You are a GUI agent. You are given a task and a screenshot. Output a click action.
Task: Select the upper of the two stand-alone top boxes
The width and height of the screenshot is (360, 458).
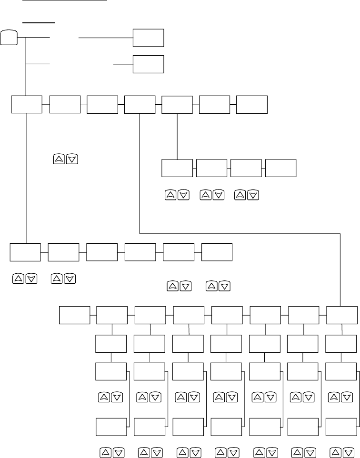(148, 38)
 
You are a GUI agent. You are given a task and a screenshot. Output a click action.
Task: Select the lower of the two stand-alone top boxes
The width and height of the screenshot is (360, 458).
(148, 64)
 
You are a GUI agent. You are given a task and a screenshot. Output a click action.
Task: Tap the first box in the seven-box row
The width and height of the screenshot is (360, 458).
(26, 104)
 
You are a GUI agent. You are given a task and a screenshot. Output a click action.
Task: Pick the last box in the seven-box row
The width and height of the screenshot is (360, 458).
(252, 104)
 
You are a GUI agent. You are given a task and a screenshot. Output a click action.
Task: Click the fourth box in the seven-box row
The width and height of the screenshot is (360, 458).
(140, 104)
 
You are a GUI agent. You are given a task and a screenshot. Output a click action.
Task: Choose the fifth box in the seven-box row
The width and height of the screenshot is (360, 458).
(177, 105)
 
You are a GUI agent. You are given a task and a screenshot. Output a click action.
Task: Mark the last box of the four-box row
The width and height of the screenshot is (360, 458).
(280, 169)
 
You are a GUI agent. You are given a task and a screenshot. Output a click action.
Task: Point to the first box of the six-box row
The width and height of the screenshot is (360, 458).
(26, 252)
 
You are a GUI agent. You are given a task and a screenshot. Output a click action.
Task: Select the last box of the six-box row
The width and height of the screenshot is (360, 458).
(217, 252)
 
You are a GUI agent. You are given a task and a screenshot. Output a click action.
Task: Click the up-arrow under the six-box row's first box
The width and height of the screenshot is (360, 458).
(15, 278)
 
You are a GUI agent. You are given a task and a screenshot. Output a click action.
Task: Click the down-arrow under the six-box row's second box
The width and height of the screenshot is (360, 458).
(70, 278)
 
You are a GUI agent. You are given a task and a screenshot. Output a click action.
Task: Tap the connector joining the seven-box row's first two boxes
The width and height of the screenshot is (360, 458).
(46, 104)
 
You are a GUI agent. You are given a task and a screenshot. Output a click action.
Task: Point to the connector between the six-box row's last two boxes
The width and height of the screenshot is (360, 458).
(198, 252)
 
